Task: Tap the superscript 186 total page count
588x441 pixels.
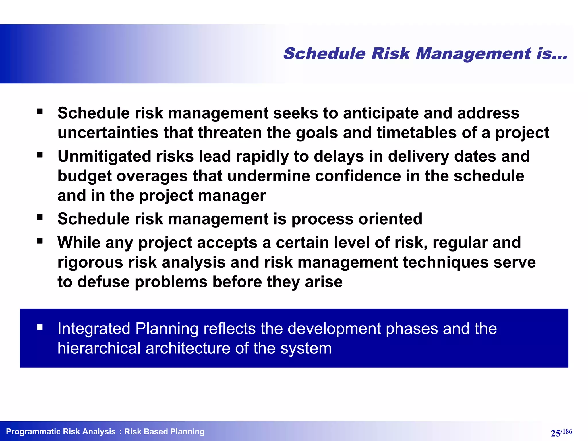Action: [x=567, y=431]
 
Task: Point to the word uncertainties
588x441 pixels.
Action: [x=108, y=133]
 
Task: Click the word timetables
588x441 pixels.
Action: [x=416, y=133]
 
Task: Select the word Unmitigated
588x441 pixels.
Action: [x=105, y=156]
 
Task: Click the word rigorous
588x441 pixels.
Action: [x=90, y=262]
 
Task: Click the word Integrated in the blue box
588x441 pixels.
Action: [x=94, y=328]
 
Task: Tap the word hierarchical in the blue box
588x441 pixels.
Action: [x=99, y=348]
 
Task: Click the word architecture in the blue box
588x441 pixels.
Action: [x=187, y=348]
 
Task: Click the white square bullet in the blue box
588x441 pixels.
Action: [x=40, y=327]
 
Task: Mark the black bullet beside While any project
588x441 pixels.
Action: [x=40, y=241]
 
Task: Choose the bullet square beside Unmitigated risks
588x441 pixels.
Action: [x=40, y=155]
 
